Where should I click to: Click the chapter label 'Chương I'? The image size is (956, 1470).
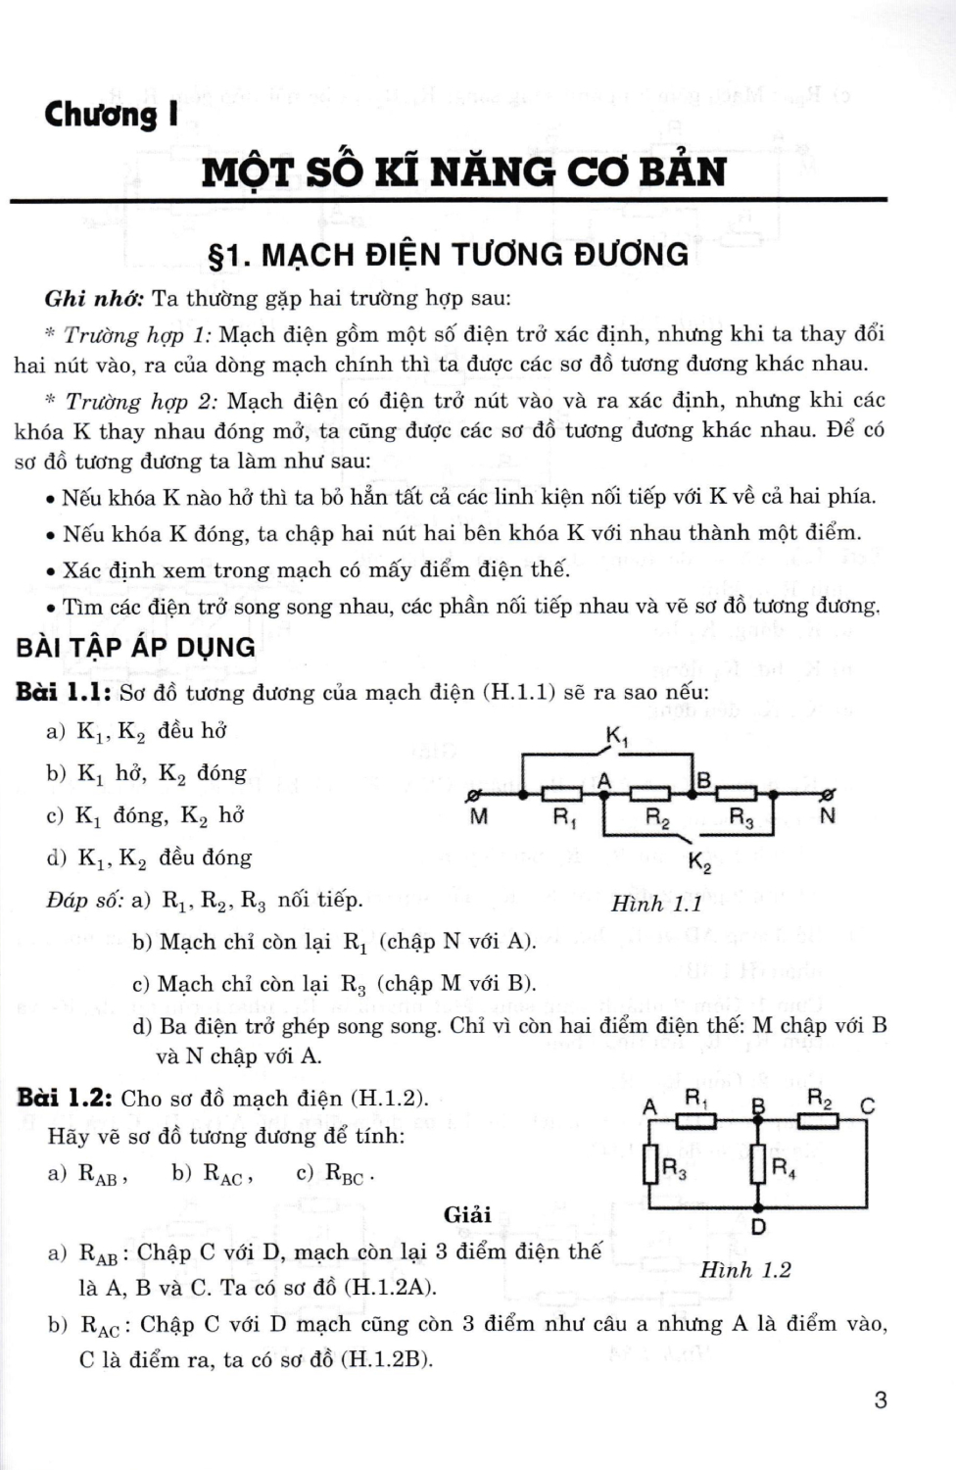(112, 115)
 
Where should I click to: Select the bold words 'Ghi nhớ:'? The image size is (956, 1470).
(94, 298)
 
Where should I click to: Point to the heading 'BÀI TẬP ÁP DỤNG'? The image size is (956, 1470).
(135, 647)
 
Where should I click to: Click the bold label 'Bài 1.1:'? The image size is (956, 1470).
(64, 693)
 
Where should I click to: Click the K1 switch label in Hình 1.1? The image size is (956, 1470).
(617, 737)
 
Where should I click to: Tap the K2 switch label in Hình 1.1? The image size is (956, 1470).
(699, 862)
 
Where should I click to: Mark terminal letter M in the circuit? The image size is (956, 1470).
(479, 816)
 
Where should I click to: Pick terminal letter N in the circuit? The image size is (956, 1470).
(828, 816)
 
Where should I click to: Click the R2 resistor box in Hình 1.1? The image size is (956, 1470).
(649, 794)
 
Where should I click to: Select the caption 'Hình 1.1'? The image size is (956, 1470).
(656, 904)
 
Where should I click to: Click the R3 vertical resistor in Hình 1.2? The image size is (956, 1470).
(649, 1165)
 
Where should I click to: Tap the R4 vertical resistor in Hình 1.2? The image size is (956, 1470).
(758, 1165)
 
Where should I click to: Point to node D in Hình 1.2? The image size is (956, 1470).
(758, 1226)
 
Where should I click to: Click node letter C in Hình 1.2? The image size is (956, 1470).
(867, 1106)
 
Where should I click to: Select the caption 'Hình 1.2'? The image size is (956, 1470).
(744, 1270)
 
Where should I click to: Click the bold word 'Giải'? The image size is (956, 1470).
(467, 1215)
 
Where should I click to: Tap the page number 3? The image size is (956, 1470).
(880, 1399)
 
